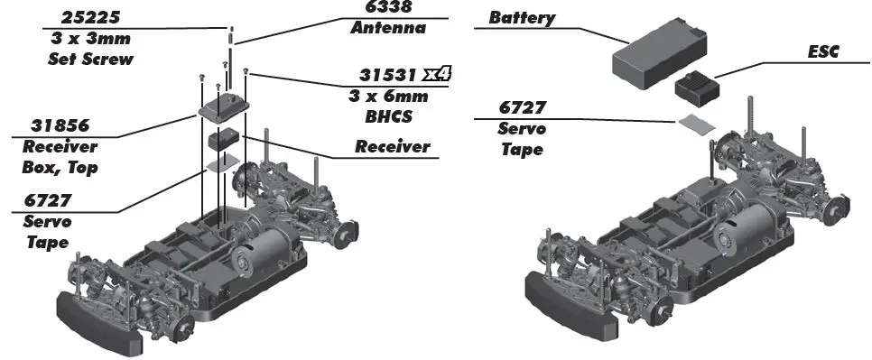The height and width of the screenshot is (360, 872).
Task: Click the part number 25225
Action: coord(90,18)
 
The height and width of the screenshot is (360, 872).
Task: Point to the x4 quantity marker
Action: coord(436,75)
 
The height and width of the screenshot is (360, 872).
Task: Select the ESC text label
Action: coord(823,52)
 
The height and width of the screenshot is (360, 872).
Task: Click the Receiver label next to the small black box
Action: coord(393,146)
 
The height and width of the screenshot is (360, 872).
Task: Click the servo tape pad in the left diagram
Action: coord(223,162)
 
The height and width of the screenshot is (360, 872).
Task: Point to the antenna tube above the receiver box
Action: coord(231,36)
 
